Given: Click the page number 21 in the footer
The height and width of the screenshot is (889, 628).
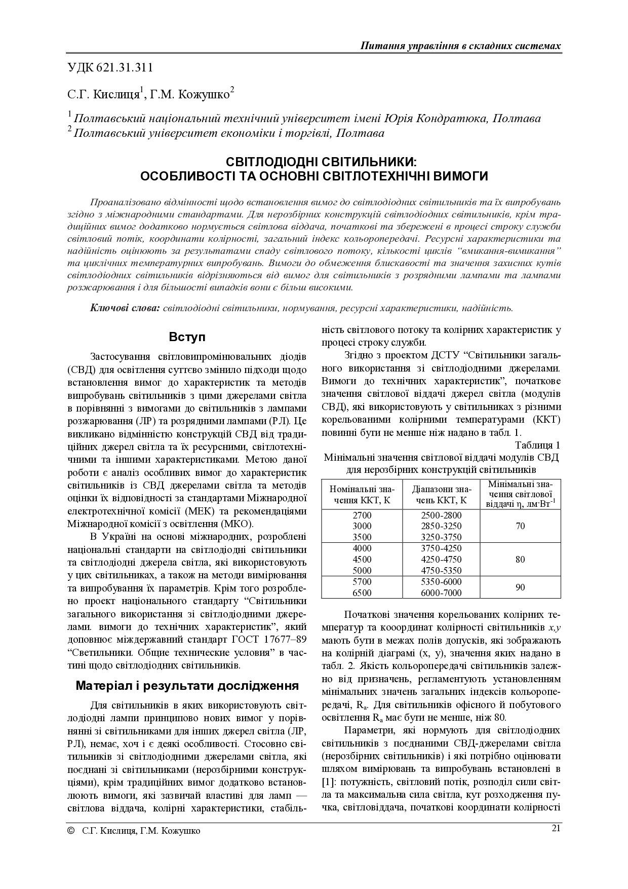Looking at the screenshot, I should coord(556,828).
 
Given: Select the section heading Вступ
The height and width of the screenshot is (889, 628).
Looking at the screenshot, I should coord(187,337).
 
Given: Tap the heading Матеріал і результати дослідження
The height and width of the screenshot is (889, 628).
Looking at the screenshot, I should coord(187,686).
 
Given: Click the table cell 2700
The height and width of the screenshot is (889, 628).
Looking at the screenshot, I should coord(362,515).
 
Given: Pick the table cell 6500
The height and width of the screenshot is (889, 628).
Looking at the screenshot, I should coord(362,593).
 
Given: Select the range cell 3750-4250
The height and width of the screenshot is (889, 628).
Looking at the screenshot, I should coord(441,548).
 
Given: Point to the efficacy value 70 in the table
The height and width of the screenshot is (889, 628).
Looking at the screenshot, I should coord(520,527).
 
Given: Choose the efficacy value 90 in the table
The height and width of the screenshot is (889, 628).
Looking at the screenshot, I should coord(520,587).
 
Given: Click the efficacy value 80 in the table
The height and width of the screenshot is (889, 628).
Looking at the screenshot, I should coord(520,560).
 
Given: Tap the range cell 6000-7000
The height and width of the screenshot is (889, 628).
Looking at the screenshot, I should coord(441,593).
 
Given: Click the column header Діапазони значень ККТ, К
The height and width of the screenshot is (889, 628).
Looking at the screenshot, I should coord(441,495).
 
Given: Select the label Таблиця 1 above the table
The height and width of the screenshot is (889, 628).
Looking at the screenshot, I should coord(537,446).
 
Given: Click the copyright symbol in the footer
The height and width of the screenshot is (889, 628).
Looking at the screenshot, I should coord(70,831).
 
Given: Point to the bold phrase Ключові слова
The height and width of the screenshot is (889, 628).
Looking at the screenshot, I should coord(125,308).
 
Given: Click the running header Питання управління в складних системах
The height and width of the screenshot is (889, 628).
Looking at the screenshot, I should coord(460,46).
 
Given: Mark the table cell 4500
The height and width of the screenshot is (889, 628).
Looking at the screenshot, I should coord(362,560).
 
